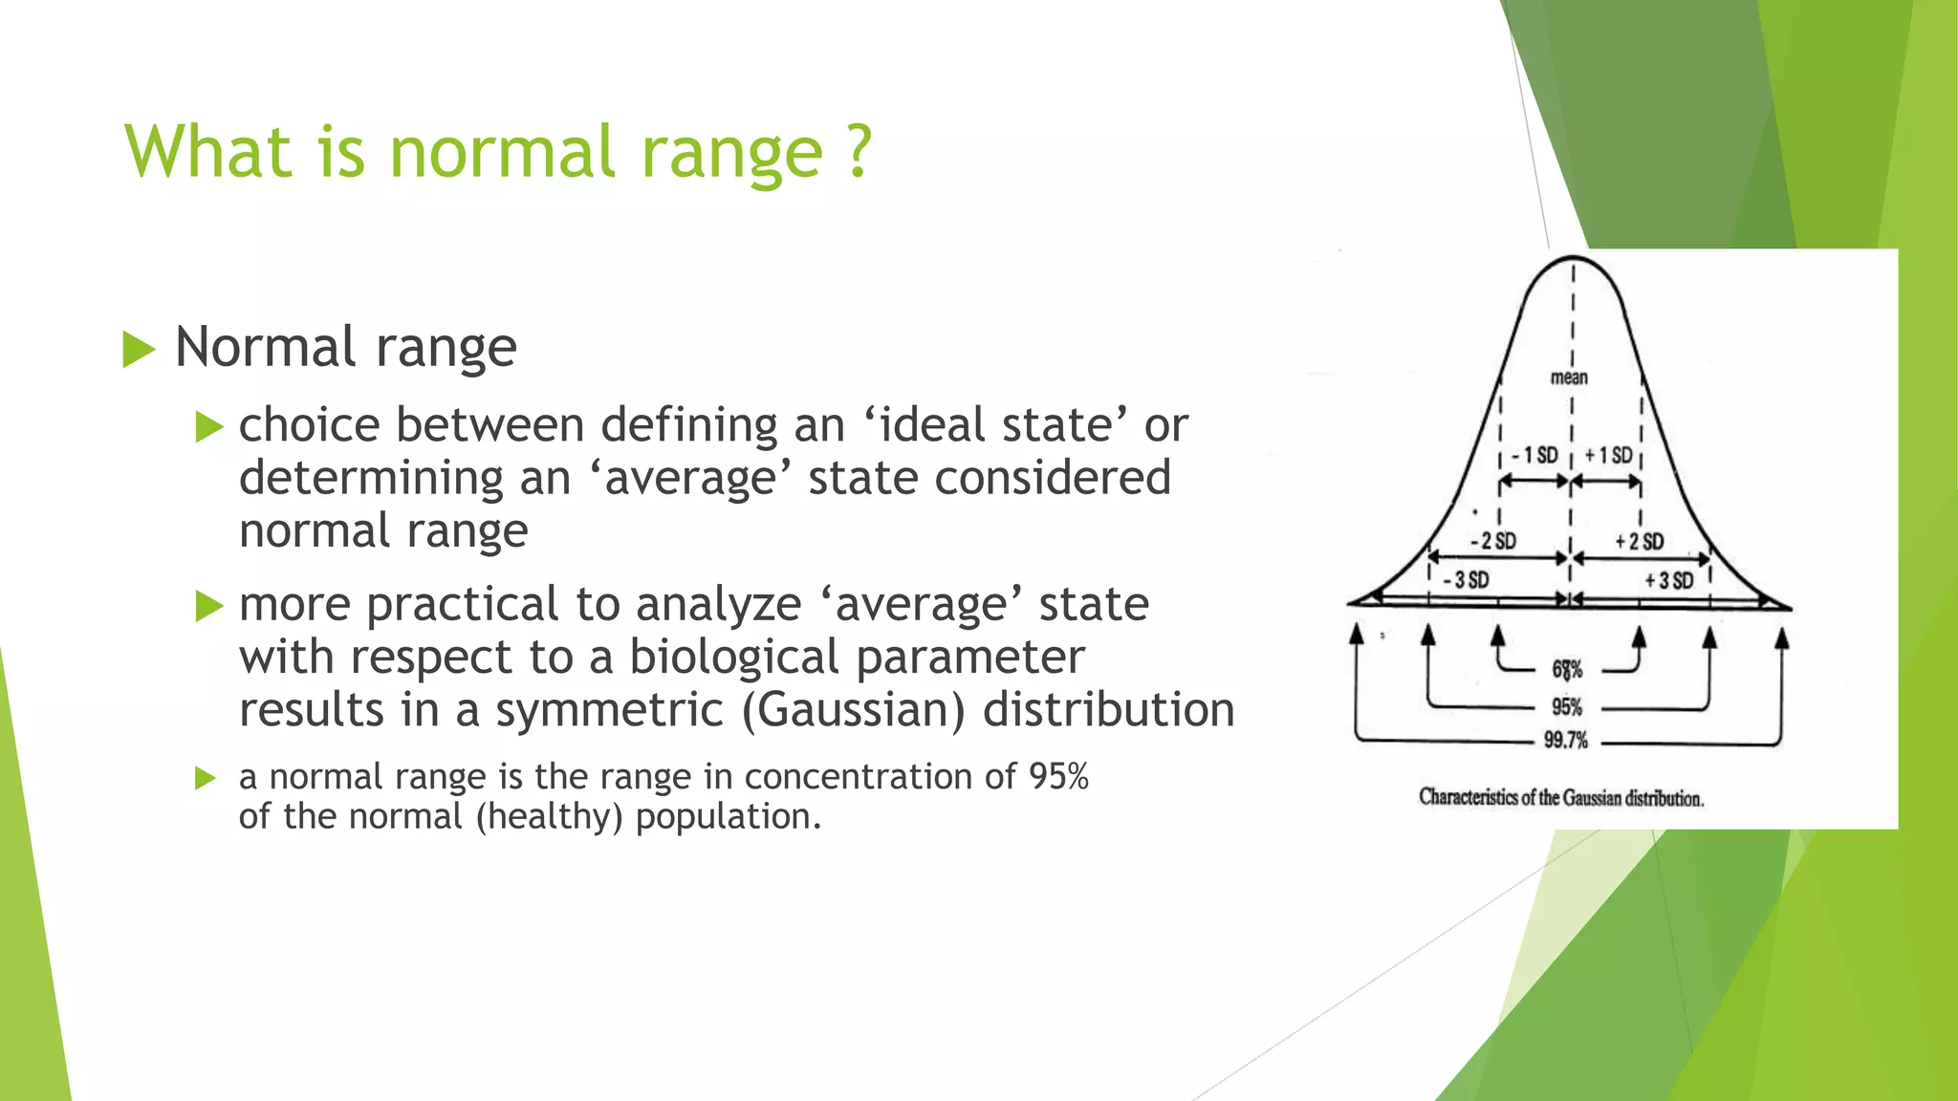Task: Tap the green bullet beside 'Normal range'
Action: coord(139,349)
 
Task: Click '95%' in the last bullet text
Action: coord(1058,776)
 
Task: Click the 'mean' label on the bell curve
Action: coord(1568,378)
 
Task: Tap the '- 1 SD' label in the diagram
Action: coord(1534,455)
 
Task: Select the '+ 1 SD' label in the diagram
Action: coord(1608,455)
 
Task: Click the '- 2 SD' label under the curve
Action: coord(1493,541)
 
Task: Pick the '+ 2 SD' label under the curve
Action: coord(1639,541)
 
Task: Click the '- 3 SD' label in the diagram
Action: coord(1466,579)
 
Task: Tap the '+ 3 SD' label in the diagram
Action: coord(1668,579)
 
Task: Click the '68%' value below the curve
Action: coord(1567,669)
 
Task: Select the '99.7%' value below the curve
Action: coord(1565,740)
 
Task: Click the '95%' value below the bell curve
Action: coord(1566,706)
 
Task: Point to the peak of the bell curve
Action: coord(1573,257)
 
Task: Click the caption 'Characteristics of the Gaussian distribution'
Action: coord(1560,797)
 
